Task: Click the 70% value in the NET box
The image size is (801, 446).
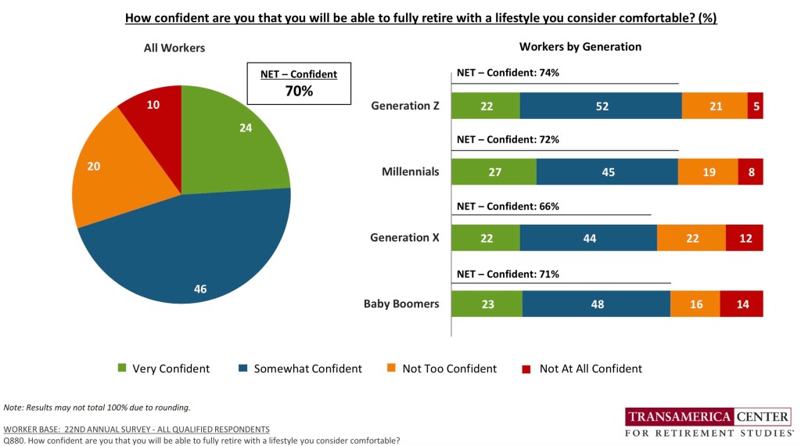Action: point(298,91)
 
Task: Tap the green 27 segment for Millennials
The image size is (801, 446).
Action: point(494,172)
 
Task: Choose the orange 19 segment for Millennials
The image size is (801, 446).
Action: point(708,172)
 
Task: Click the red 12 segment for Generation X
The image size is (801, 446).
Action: point(744,238)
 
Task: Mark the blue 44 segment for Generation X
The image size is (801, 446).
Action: point(588,238)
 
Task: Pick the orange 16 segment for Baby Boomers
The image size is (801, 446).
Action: point(695,304)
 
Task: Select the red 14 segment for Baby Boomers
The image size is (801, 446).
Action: point(742,304)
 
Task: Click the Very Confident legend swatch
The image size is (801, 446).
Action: point(121,369)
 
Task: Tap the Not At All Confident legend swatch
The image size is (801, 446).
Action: point(526,369)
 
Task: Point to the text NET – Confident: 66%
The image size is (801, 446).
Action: point(508,207)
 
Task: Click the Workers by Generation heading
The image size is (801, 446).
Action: point(580,47)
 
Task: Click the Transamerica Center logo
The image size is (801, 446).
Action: point(707,423)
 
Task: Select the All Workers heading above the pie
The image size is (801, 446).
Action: point(174,48)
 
